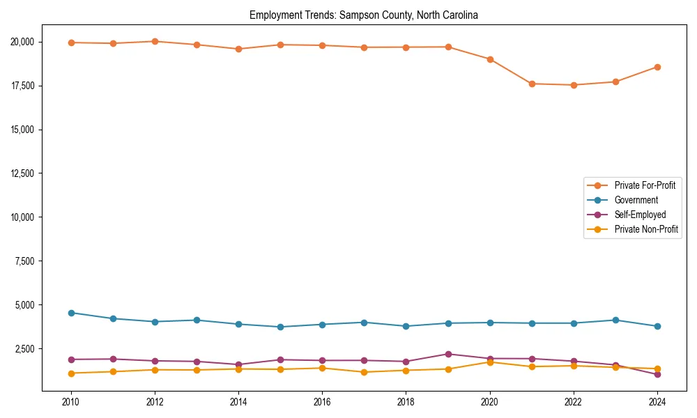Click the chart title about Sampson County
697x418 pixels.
(364, 15)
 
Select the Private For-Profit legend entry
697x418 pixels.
(645, 185)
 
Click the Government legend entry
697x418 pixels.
(636, 200)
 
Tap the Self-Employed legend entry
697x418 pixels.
(640, 215)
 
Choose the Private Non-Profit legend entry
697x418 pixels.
(646, 229)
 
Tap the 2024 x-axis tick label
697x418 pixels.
(657, 402)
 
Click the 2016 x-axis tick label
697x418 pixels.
(322, 402)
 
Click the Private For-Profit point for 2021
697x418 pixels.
(532, 84)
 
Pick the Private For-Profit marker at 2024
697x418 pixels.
(657, 67)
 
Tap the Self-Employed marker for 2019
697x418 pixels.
(448, 354)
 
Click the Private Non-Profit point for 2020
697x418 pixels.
(490, 362)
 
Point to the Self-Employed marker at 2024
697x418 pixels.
(657, 374)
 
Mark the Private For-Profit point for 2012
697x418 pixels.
(155, 41)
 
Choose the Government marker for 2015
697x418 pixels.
(280, 327)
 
